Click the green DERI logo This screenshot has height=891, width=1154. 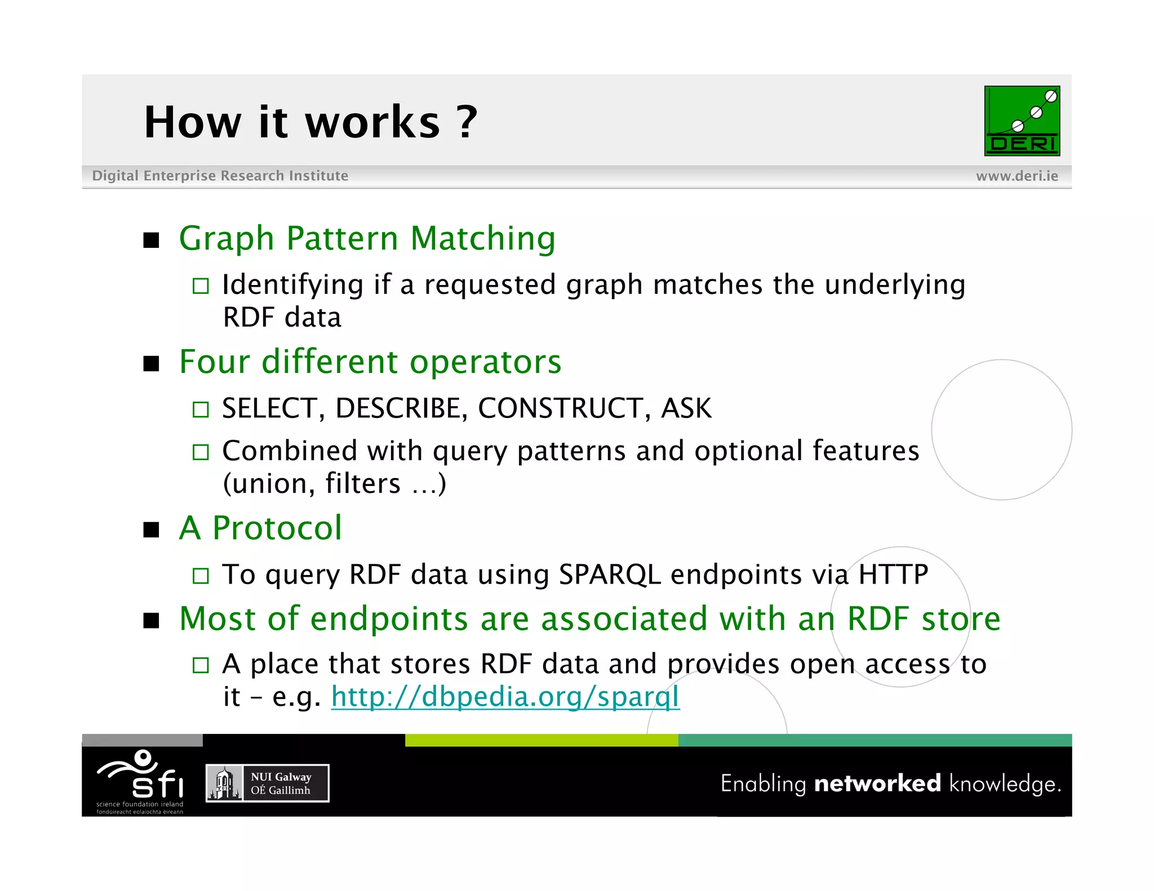(x=1022, y=121)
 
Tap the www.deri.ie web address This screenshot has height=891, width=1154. (x=1017, y=176)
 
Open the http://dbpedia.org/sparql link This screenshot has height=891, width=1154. (x=505, y=697)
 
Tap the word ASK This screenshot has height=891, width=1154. (x=686, y=408)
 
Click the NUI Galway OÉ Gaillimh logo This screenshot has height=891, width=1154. (x=267, y=783)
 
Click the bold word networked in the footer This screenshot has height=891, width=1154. (x=877, y=783)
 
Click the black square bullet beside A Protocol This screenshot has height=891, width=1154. (x=151, y=530)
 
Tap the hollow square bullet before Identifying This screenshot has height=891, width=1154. (x=201, y=286)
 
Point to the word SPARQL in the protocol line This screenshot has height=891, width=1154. (x=609, y=574)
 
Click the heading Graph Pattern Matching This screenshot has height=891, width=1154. (x=367, y=238)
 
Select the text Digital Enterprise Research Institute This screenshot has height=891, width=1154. (x=220, y=176)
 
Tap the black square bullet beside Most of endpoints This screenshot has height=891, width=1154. (x=151, y=621)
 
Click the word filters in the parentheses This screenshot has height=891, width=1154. (x=363, y=484)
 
